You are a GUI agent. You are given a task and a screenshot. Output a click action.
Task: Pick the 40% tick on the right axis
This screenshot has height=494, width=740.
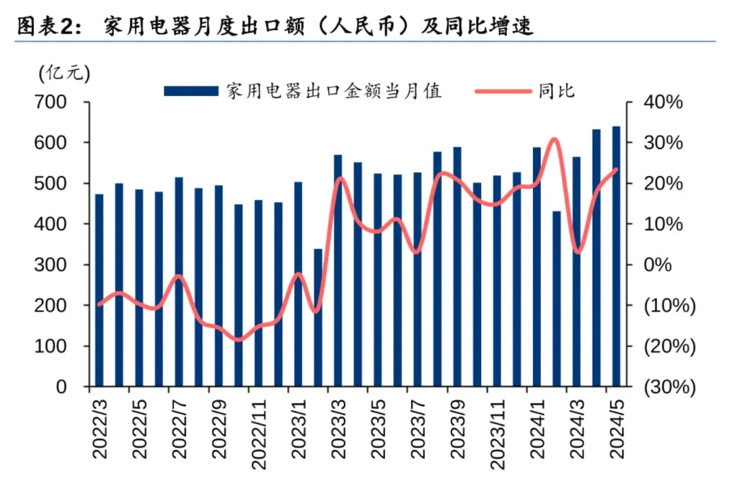[663, 103]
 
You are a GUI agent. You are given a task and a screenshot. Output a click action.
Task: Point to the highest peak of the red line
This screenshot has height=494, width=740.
[554, 140]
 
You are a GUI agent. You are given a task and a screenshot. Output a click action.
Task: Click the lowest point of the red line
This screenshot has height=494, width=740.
[238, 339]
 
